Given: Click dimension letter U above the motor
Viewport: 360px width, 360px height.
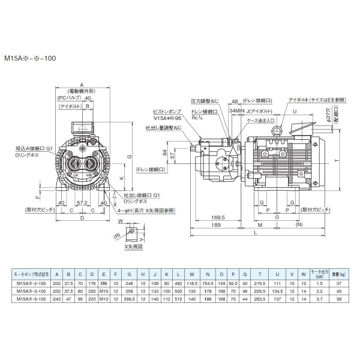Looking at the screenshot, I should coord(295,111).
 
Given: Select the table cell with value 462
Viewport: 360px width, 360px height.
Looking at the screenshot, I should coord(178,283).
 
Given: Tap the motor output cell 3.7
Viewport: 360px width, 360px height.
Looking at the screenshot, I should coord(319,298).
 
